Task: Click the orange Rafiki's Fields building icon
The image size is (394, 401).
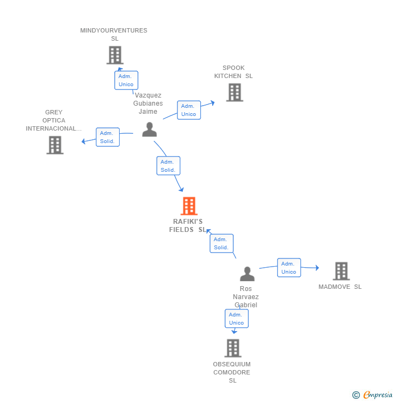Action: (x=188, y=206)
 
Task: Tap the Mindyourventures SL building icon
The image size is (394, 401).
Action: (x=115, y=55)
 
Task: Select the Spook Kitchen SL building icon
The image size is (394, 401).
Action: (x=234, y=92)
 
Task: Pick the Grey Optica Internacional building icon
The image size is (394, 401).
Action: (x=55, y=145)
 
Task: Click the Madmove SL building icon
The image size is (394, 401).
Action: (x=341, y=271)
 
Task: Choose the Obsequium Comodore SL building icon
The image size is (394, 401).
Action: (x=233, y=348)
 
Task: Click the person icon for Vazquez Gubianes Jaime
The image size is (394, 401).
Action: (x=149, y=130)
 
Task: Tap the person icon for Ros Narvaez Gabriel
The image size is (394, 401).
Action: (x=247, y=274)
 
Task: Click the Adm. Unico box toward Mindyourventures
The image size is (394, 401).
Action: (x=126, y=80)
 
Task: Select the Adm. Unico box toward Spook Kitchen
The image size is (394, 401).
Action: (x=189, y=110)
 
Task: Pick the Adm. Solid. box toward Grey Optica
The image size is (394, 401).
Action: (x=107, y=137)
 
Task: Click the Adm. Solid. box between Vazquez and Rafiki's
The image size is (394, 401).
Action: (x=168, y=166)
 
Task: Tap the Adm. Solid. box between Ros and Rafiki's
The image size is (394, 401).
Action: (x=221, y=243)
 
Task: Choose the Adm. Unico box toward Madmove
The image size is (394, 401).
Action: (x=289, y=268)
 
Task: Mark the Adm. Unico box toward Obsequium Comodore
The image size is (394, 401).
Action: (x=237, y=319)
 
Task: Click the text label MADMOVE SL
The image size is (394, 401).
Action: (x=340, y=287)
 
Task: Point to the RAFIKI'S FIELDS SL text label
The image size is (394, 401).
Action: (x=188, y=225)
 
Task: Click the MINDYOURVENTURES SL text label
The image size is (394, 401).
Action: (x=114, y=34)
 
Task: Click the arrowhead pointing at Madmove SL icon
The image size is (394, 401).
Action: (x=317, y=268)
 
